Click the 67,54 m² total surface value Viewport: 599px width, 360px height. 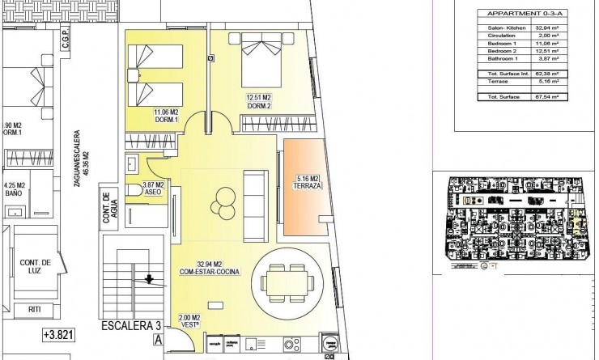tap(553, 96)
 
